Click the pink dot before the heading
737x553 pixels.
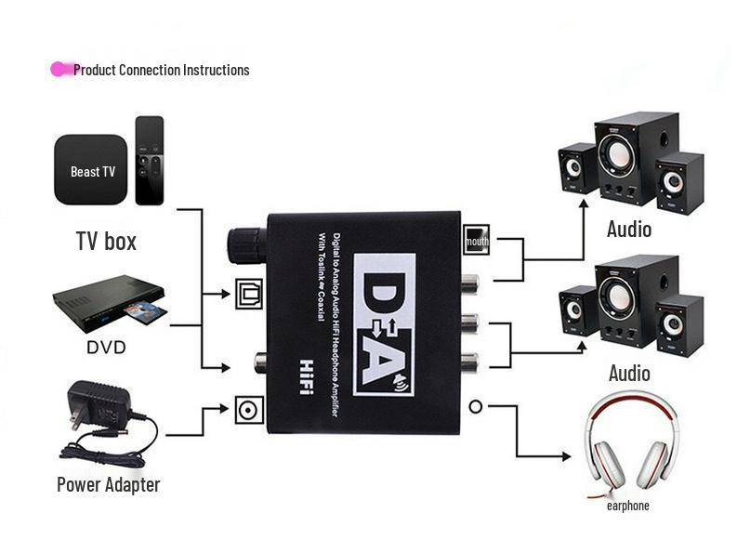pos(60,69)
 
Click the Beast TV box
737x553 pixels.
pos(91,170)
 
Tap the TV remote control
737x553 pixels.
pos(149,160)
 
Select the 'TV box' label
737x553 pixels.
pos(106,242)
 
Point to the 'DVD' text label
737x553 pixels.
pos(106,348)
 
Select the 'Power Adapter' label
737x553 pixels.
pos(108,484)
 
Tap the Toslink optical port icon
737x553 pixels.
pos(249,294)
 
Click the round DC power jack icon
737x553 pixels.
pos(249,410)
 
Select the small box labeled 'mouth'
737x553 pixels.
pos(477,241)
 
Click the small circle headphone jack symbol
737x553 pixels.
pos(476,406)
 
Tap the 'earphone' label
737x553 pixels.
pos(627,506)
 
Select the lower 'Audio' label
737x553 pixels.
pos(629,373)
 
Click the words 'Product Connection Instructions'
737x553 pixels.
pos(161,70)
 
